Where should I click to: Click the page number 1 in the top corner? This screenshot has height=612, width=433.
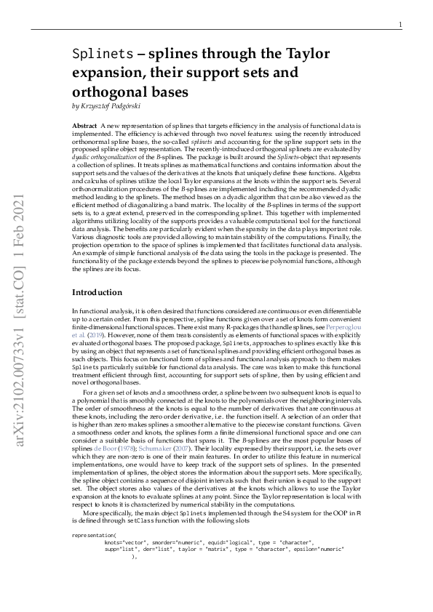tap(401, 25)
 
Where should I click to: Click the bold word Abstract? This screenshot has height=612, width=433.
tap(85, 126)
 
